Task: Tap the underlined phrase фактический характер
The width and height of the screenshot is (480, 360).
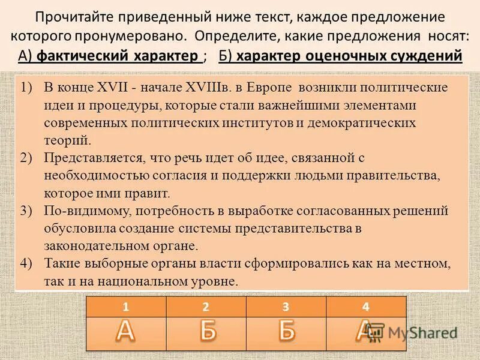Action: [118, 56]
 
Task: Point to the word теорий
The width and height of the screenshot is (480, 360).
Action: [68, 140]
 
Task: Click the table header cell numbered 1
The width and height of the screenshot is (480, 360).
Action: [126, 307]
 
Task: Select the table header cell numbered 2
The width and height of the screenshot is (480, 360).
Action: [206, 307]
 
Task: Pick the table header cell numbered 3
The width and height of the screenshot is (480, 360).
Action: [286, 307]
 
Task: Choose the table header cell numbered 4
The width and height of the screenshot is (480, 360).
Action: [366, 307]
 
